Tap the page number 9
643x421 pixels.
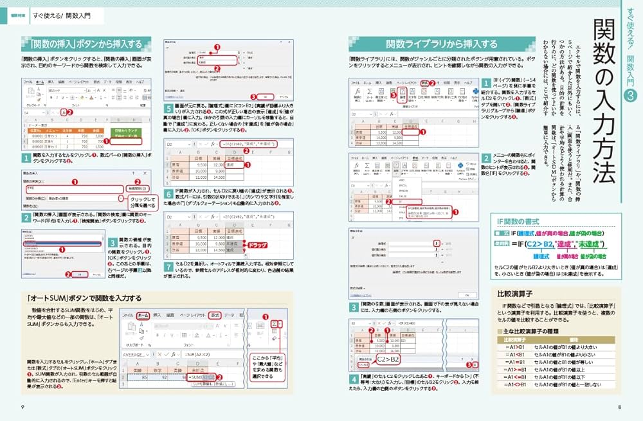(x=23, y=406)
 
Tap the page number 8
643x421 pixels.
(x=619, y=406)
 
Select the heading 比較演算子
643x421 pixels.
(x=512, y=293)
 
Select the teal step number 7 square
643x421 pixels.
(x=168, y=266)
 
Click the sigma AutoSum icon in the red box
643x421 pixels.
(x=275, y=324)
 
